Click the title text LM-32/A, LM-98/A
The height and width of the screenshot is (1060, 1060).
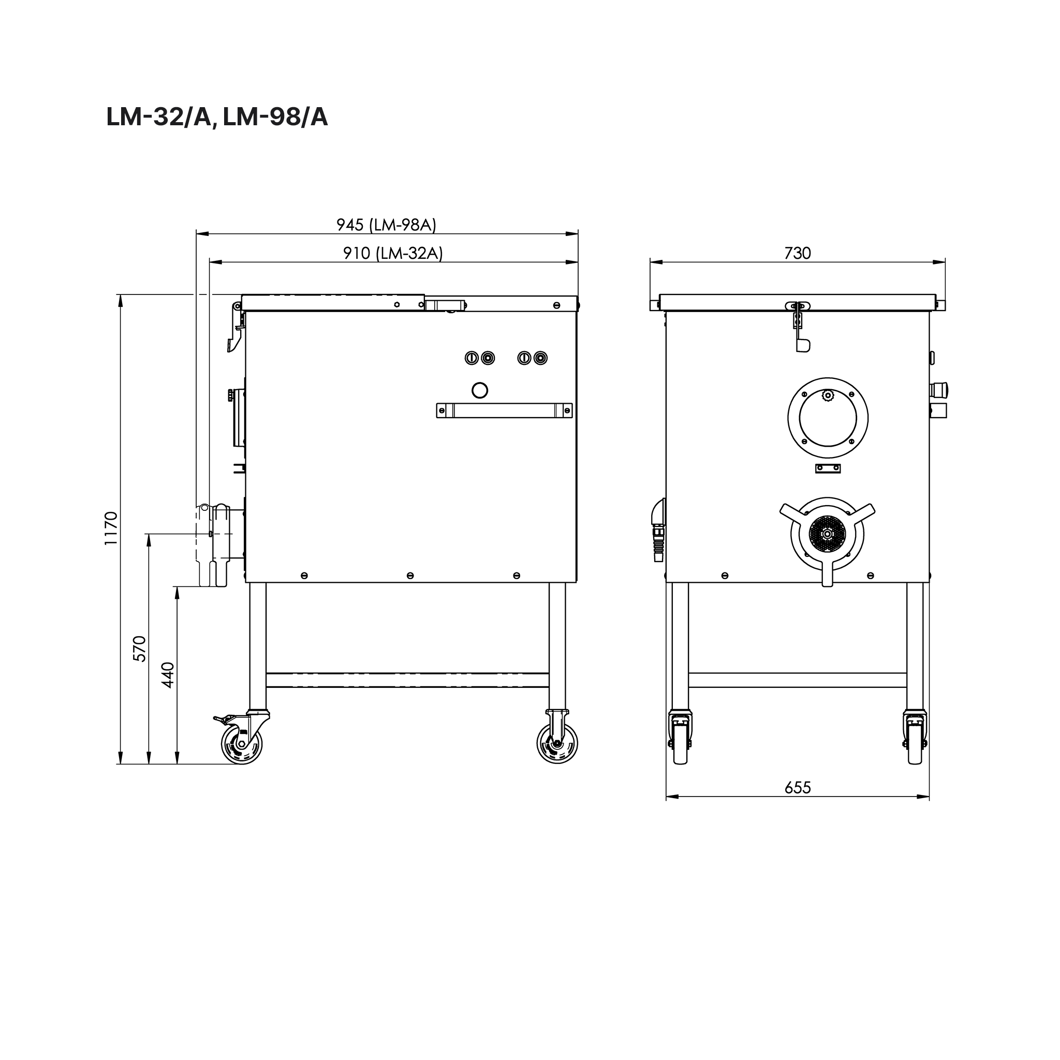pos(217,117)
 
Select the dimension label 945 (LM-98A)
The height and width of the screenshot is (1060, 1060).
pos(386,225)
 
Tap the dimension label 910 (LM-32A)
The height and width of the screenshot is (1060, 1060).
pos(393,253)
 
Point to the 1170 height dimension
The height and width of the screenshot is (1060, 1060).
pos(111,528)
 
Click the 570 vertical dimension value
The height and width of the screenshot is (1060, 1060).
pos(140,649)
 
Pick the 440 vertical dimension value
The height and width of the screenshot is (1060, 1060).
pos(168,675)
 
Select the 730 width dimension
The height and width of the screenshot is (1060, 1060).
pos(797,253)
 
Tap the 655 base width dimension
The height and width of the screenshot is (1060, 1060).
pos(797,787)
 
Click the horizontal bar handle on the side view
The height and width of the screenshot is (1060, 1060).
pos(504,410)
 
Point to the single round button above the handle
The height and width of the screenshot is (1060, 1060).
pos(479,390)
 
